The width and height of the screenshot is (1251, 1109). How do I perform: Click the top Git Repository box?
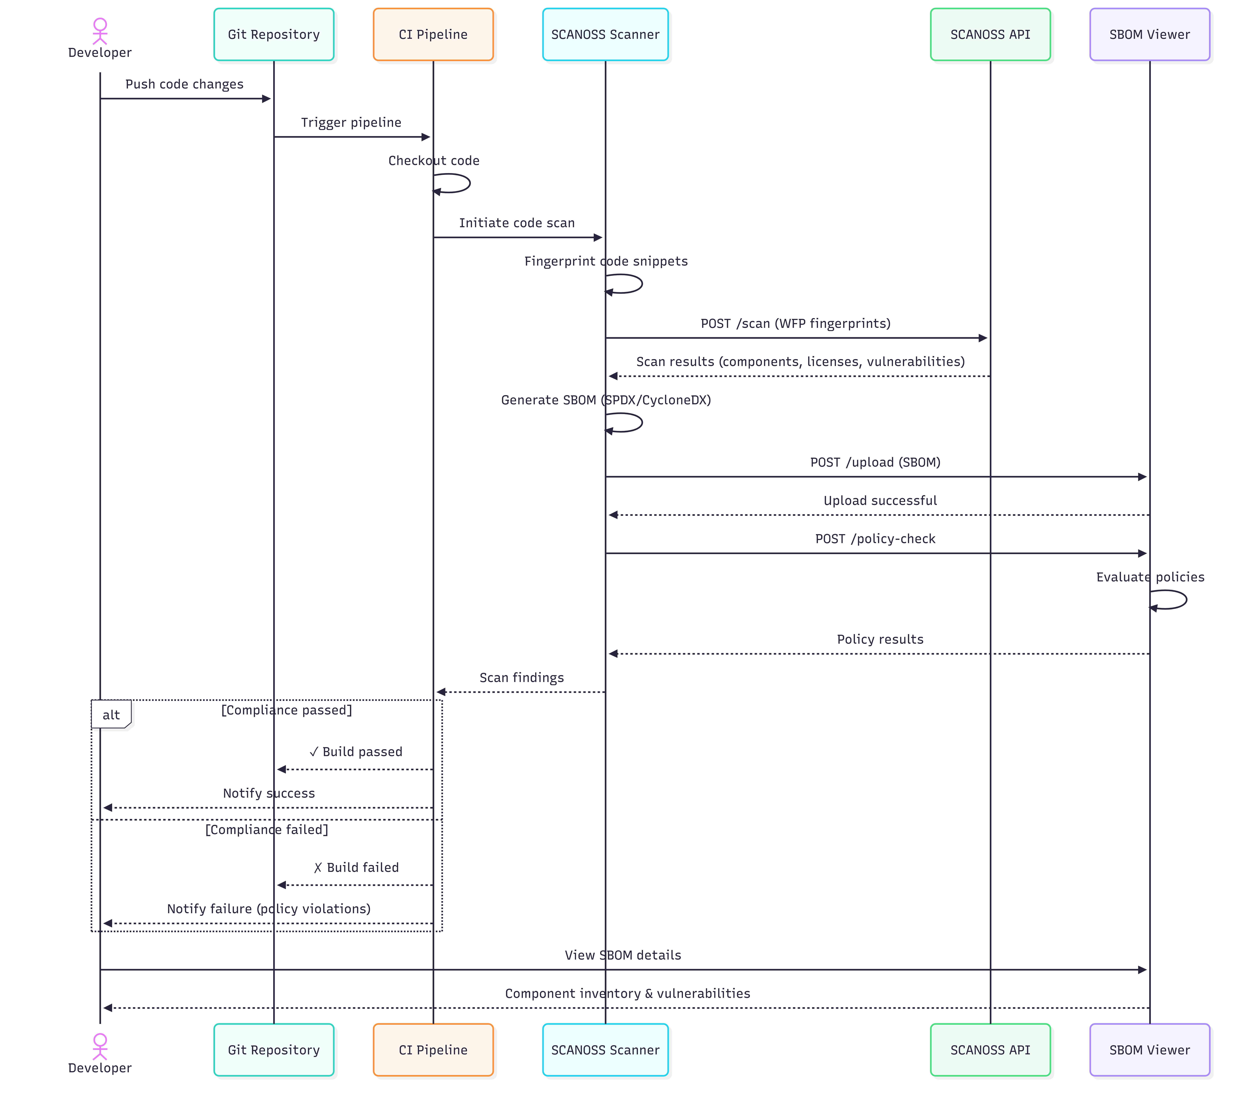274,34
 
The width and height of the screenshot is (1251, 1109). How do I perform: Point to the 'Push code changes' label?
184,84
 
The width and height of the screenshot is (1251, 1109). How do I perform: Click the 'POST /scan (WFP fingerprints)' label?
795,323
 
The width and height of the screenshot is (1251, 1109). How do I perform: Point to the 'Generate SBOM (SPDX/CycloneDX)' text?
605,400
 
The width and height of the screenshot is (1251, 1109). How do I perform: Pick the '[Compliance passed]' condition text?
286,710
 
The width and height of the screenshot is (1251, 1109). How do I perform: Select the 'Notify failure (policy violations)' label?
269,909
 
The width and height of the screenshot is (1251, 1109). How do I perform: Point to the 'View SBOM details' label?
622,955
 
